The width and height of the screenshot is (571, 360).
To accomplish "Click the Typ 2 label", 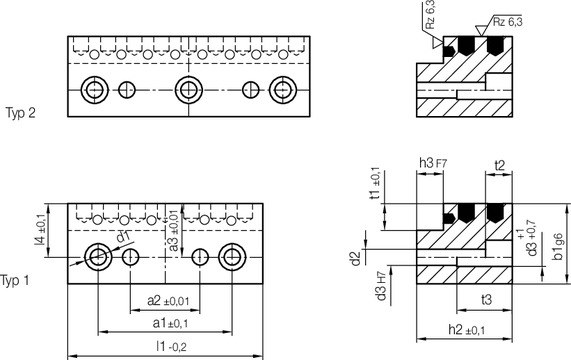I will coord(21,113).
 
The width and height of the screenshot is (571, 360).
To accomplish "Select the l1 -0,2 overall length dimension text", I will coord(169,346).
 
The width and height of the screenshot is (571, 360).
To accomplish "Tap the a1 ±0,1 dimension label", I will coord(169,322).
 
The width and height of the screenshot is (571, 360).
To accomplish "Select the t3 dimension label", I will coord(487,298).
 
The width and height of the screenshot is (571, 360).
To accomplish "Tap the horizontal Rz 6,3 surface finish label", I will coord(515,20).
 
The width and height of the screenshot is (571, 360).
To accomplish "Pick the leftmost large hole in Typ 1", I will coord(98,257).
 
